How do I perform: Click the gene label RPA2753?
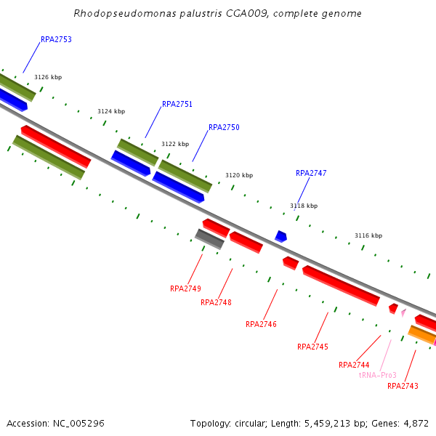[x=56, y=39]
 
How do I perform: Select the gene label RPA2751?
[x=177, y=104]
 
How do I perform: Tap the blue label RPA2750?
[x=224, y=127]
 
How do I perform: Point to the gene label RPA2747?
[x=311, y=173]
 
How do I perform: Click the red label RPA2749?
[x=185, y=288]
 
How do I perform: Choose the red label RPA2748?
[x=216, y=302]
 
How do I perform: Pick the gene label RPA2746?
[x=261, y=324]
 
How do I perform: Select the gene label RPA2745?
[x=312, y=347]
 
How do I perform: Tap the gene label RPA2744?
[x=354, y=365]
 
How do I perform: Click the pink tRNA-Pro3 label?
[x=378, y=375]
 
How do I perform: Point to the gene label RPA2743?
[x=403, y=386]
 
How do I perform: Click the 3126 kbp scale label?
[x=48, y=77]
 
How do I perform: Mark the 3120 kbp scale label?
[x=239, y=175]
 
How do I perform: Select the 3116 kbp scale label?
[x=368, y=235]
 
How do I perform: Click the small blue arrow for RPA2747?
[x=280, y=236]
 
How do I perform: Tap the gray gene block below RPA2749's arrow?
[x=209, y=238]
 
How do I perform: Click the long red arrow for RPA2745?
[x=341, y=286]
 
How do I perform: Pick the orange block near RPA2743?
[x=421, y=334]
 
